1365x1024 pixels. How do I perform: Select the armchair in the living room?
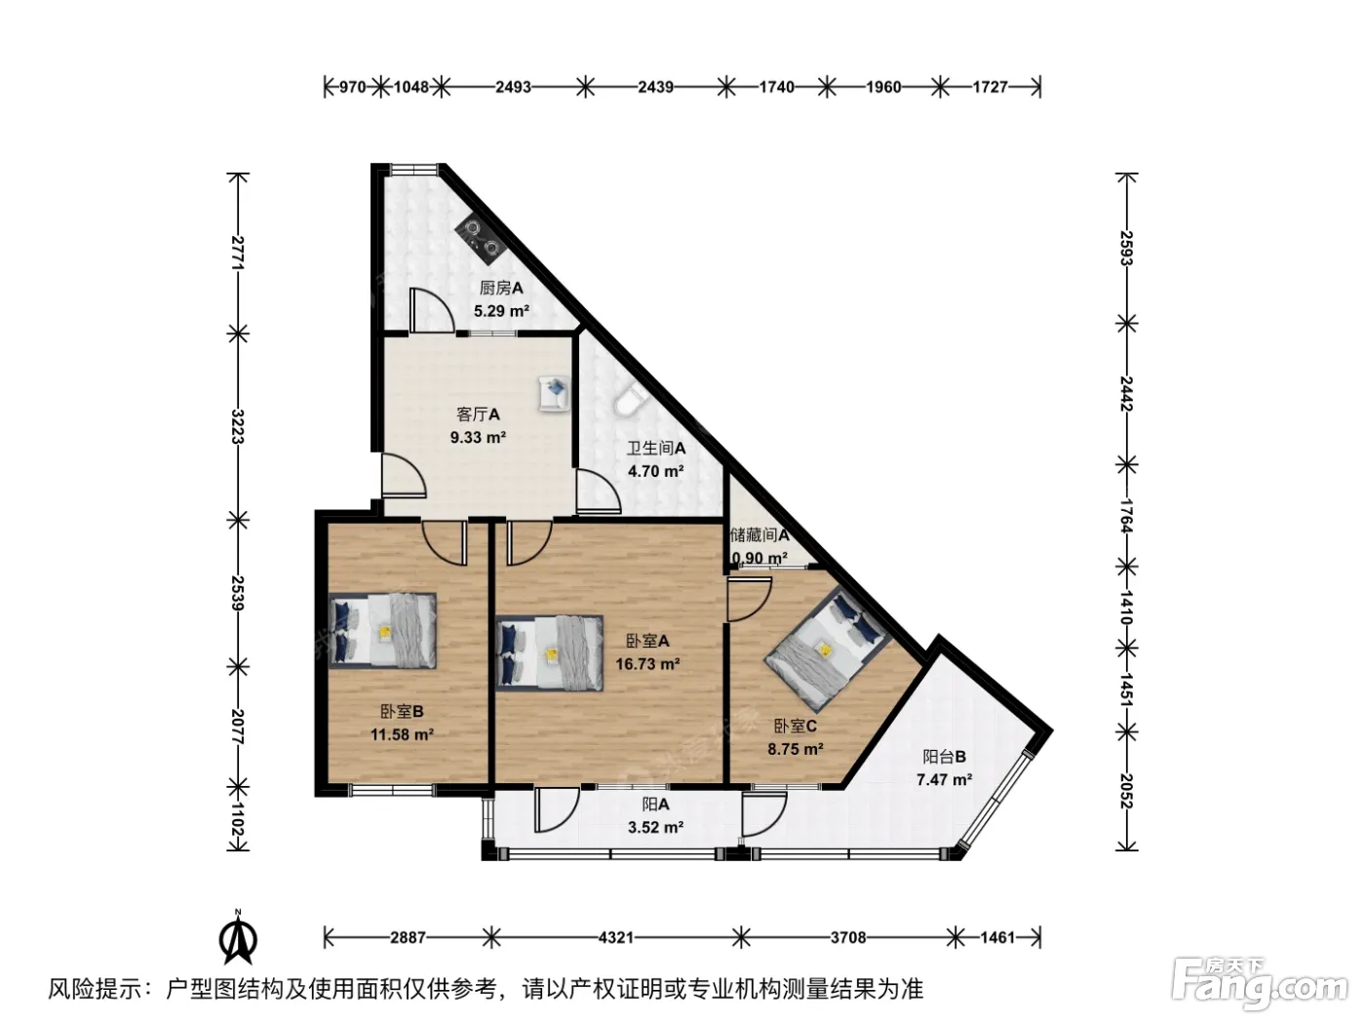click(x=554, y=393)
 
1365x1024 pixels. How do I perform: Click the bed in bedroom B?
click(x=382, y=630)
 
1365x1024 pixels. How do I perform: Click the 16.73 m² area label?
click(x=647, y=664)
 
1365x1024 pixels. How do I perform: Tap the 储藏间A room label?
click(x=760, y=534)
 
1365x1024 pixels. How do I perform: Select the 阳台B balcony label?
click(x=944, y=757)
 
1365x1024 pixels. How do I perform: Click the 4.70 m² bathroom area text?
click(x=655, y=471)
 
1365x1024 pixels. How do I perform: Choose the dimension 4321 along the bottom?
click(x=615, y=937)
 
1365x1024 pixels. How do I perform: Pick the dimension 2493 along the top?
click(x=513, y=87)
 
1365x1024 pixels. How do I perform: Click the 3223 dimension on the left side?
click(x=237, y=426)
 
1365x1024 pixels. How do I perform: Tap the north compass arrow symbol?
click(x=238, y=939)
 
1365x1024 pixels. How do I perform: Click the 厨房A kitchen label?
click(x=501, y=288)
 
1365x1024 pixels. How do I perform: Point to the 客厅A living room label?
click(x=478, y=414)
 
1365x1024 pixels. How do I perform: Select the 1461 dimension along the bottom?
click(x=998, y=937)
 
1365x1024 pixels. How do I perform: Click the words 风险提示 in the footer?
click(x=96, y=988)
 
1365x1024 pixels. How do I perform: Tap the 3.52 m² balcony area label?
click(x=655, y=828)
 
